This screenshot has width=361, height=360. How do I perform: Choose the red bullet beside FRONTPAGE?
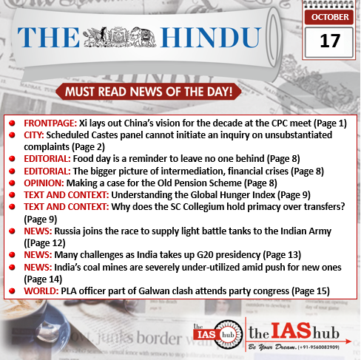pos(13,122)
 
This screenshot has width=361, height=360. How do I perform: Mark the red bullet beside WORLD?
pos(13,291)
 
